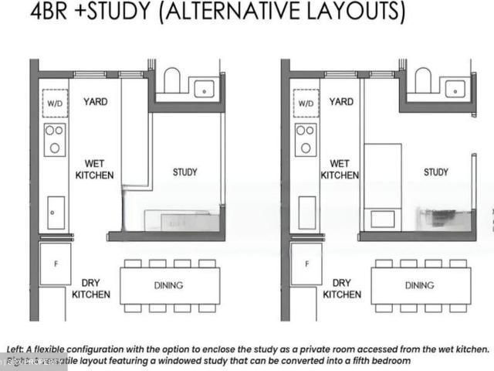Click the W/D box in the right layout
pyautogui.click(x=306, y=103)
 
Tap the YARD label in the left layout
pyautogui.click(x=96, y=102)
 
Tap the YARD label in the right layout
pyautogui.click(x=341, y=102)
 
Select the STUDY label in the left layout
pyautogui.click(x=185, y=172)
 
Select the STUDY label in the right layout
pyautogui.click(x=436, y=172)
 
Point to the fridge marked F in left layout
pyautogui.click(x=56, y=264)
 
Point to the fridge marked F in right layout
pyautogui.click(x=306, y=264)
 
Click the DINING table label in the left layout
pyautogui.click(x=168, y=285)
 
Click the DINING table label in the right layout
pyautogui.click(x=419, y=285)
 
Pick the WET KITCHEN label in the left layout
pyautogui.click(x=94, y=169)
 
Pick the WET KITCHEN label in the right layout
pyautogui.click(x=340, y=169)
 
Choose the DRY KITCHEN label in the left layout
pyautogui.click(x=91, y=288)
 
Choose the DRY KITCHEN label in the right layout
pyautogui.click(x=342, y=288)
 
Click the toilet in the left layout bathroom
pyautogui.click(x=172, y=80)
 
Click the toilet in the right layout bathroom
pyautogui.click(x=423, y=80)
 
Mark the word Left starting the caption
pyautogui.click(x=15, y=349)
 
